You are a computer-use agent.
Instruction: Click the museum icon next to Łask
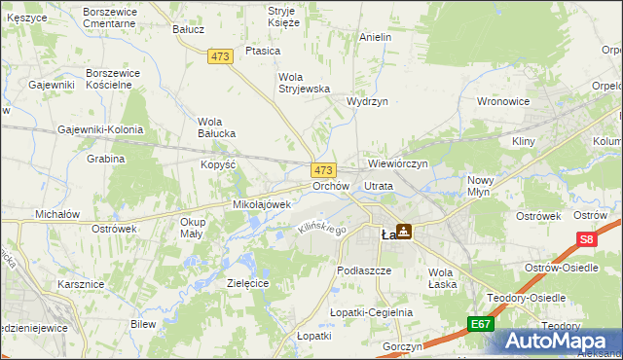[x=403, y=233]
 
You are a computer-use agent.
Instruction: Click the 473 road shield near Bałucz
[x=219, y=57]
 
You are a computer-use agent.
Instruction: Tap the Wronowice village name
[x=502, y=100]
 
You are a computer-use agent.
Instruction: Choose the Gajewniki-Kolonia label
[x=100, y=129]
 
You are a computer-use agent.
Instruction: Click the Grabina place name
[x=105, y=159]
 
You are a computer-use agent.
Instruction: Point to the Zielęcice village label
[x=247, y=282]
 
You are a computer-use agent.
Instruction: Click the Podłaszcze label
[x=363, y=270]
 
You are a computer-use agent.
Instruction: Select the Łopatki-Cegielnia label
[x=371, y=312]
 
